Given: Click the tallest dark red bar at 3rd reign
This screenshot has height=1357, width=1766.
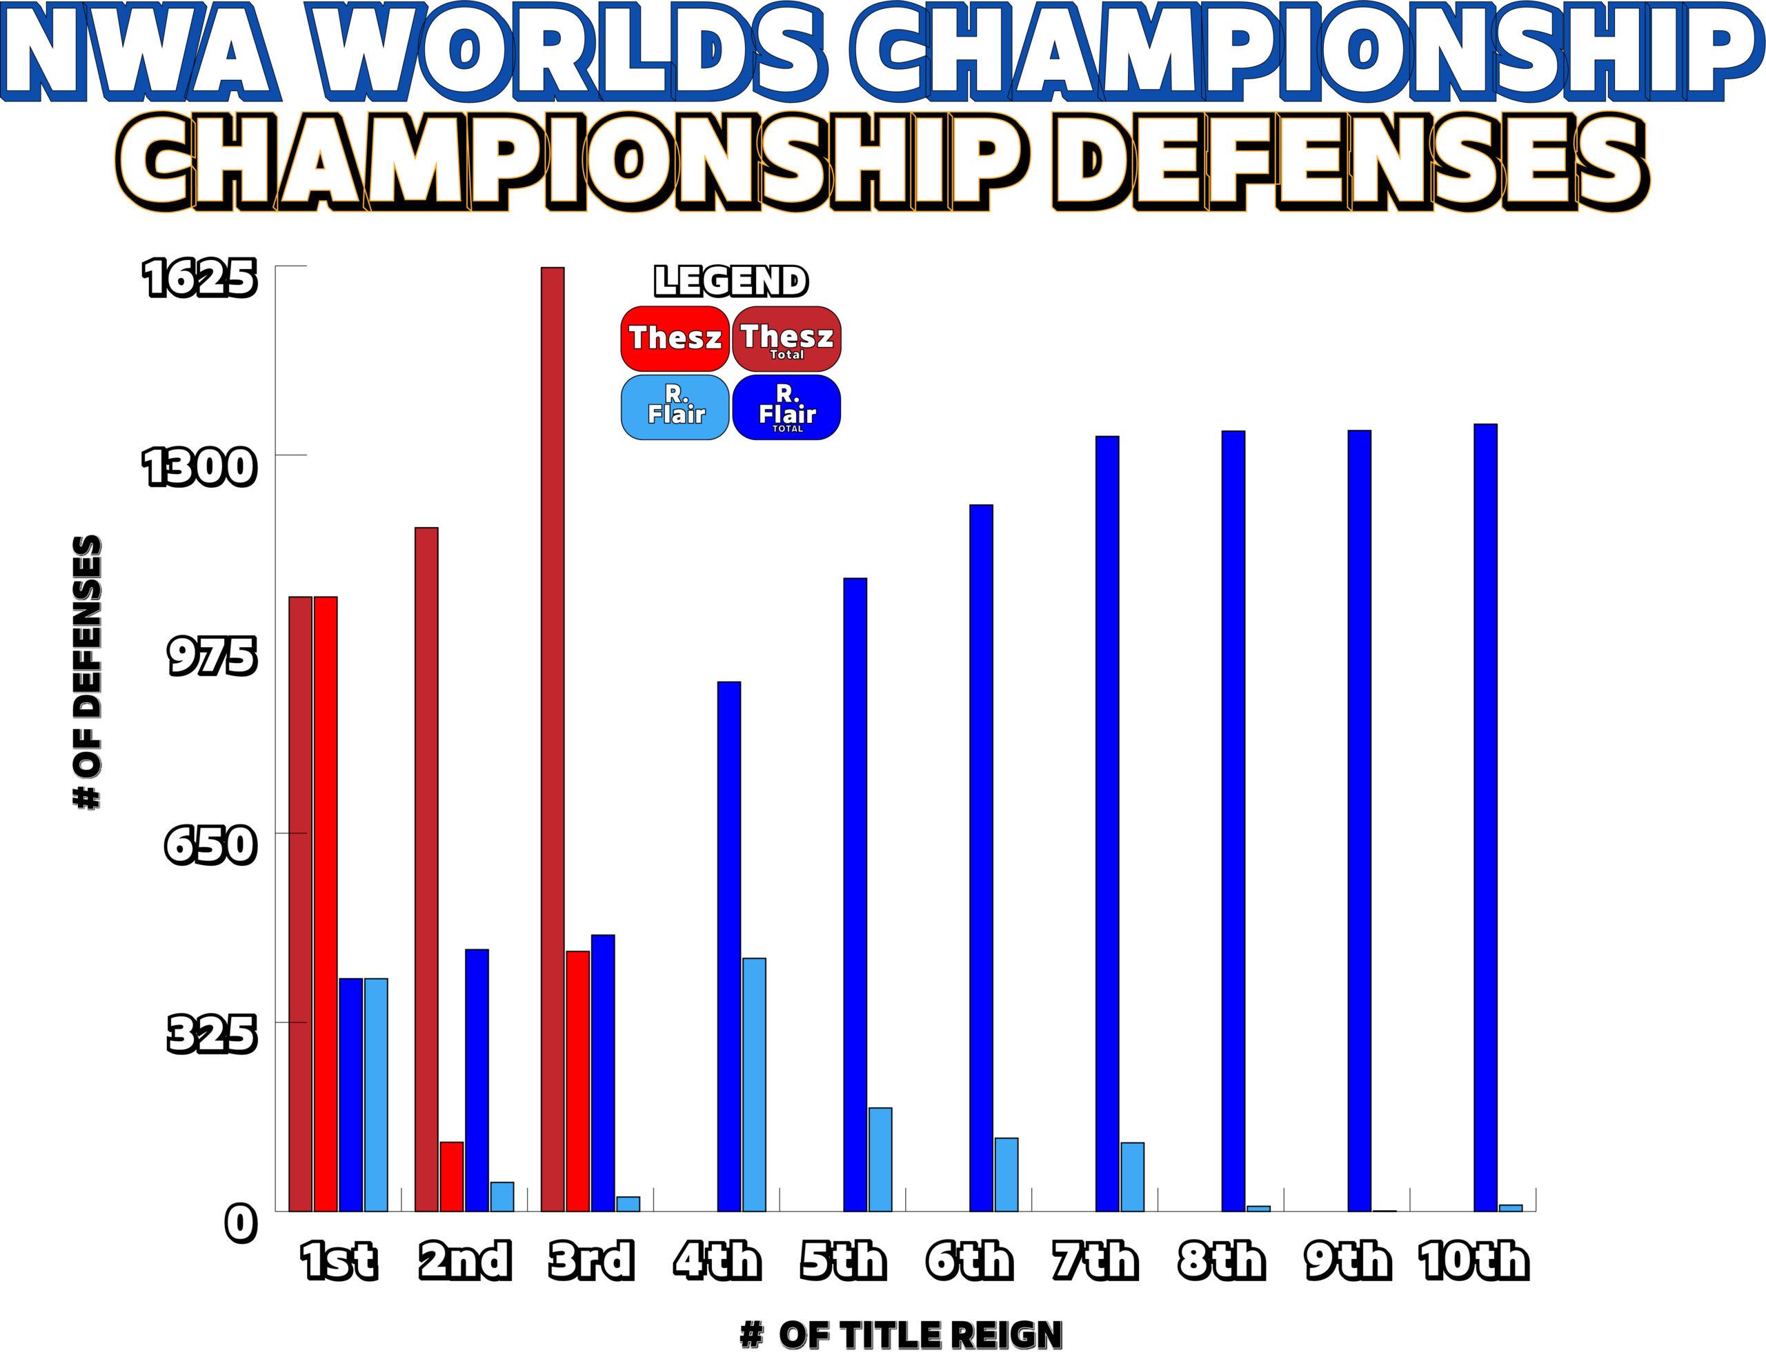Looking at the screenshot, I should (x=553, y=739).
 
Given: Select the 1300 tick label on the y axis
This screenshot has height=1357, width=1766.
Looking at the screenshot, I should (x=198, y=468).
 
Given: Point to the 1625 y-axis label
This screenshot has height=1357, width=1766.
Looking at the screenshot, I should (x=198, y=279).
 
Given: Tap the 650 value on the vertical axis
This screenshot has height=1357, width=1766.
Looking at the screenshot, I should (x=209, y=846).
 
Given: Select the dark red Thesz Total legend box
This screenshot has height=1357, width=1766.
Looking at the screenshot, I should (x=786, y=337).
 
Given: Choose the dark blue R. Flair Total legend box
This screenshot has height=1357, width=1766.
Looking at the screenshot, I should (x=786, y=407).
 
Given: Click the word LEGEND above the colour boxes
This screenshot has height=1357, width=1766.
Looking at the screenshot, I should (x=730, y=281).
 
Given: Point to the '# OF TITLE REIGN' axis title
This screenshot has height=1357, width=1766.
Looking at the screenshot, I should (x=900, y=1334).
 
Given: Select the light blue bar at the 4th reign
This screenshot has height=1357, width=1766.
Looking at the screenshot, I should (x=754, y=1084).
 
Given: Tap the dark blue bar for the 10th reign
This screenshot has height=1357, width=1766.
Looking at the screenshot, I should (x=1485, y=818).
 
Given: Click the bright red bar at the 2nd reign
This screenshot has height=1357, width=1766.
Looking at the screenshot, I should (x=451, y=1176).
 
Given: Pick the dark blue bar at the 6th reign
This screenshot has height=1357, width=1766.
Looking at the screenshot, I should (x=981, y=858).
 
